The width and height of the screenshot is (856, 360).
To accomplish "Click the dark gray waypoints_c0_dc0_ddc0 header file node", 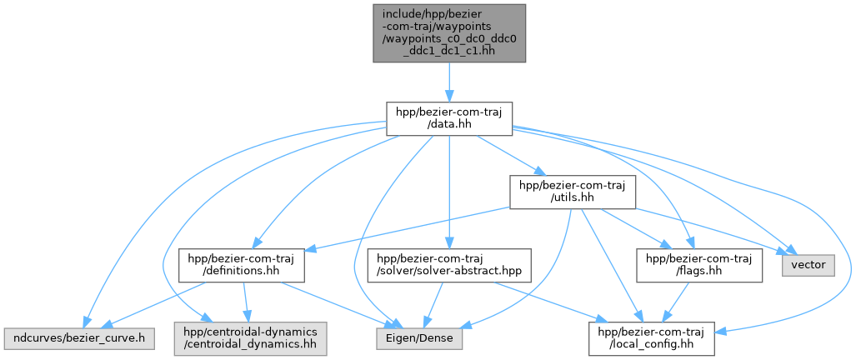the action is pos(448,33).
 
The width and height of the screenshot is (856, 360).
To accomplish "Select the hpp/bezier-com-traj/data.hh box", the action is pos(448,118).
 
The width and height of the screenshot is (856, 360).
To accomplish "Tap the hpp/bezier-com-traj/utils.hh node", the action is pos(572,192).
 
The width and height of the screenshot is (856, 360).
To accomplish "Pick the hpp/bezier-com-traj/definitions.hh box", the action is pos(241,265).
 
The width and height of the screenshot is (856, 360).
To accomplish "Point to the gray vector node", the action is pos(808,265).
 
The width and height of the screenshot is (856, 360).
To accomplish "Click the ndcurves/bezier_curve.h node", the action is pos(79,338).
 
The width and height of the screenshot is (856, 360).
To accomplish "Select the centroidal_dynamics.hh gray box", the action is pos(251,338).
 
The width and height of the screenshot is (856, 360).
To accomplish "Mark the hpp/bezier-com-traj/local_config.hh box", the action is pos(651,338).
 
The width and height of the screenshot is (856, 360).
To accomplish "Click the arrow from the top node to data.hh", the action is pos(448,82).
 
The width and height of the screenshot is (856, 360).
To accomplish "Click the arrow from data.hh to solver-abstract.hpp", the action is pos(448,192).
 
